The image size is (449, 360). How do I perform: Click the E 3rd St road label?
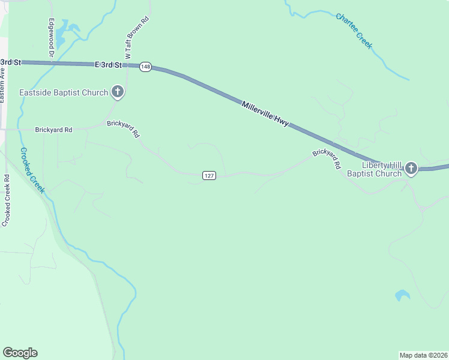click(x=108, y=64)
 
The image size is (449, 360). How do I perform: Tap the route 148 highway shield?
click(x=145, y=67)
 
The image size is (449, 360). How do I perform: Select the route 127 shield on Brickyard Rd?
click(x=208, y=175)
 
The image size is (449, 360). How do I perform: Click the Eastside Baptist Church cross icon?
click(x=118, y=92)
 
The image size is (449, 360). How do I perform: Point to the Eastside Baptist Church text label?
click(x=64, y=92)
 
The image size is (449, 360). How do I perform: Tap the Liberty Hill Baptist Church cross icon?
click(x=411, y=168)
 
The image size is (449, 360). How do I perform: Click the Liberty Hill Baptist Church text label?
click(x=381, y=170)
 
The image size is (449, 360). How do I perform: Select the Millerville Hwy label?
click(x=265, y=113)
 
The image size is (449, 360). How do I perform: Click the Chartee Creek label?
click(x=354, y=31)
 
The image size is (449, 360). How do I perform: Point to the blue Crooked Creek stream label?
click(x=32, y=170)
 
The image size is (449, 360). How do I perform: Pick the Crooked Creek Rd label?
click(x=6, y=200)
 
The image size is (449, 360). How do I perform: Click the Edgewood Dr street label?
click(x=52, y=37)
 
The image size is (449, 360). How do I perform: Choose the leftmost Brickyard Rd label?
click(x=53, y=130)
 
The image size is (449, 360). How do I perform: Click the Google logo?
click(x=20, y=353)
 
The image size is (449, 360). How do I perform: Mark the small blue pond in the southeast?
click(x=402, y=295)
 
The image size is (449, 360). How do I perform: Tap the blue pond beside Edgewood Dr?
click(x=73, y=28)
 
